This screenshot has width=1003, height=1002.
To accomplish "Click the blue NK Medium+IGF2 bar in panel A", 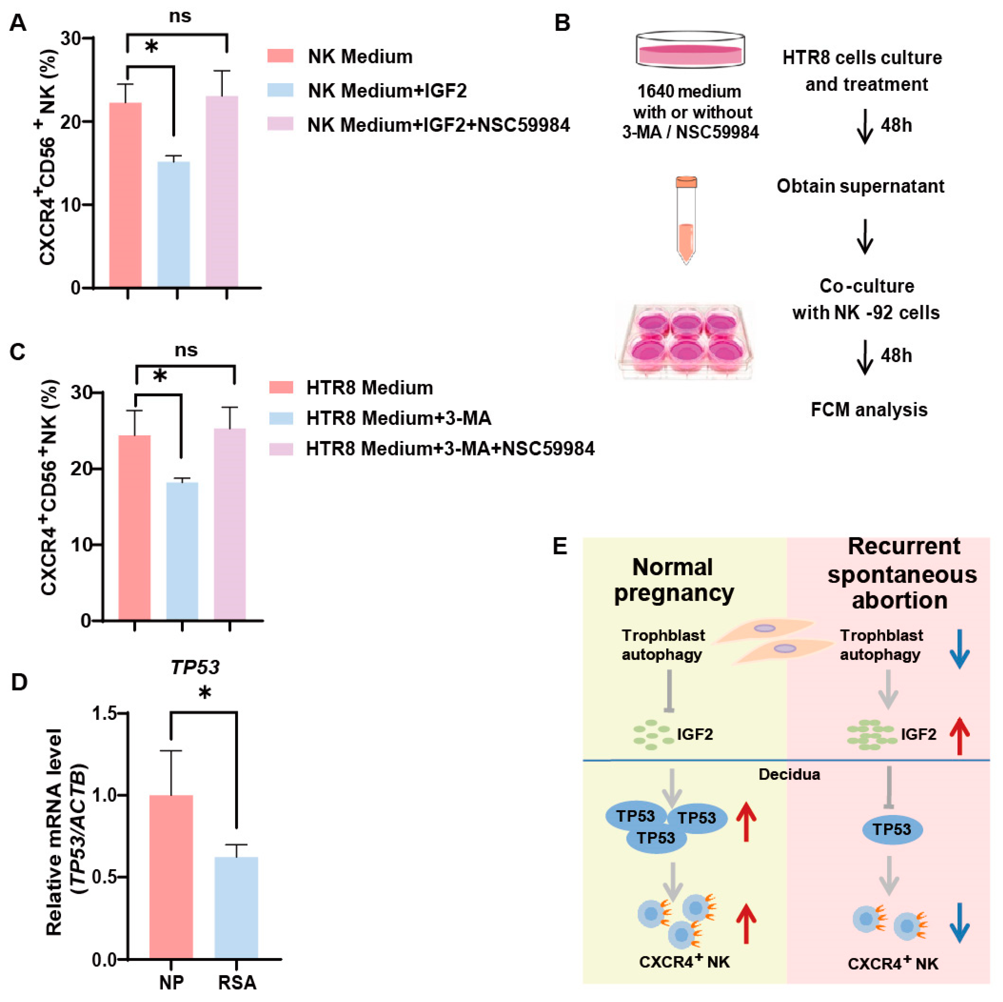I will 174,224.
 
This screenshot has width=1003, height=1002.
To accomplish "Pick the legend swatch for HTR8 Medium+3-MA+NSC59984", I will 281,449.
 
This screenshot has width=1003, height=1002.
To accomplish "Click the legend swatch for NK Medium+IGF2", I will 280,90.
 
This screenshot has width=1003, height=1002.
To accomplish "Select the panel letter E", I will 560,547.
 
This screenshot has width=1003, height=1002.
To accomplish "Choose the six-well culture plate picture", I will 684,341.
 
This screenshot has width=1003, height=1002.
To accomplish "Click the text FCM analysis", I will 869,410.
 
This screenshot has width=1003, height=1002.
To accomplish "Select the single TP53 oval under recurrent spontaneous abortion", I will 892,829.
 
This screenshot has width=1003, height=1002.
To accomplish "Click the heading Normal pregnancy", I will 673,580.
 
